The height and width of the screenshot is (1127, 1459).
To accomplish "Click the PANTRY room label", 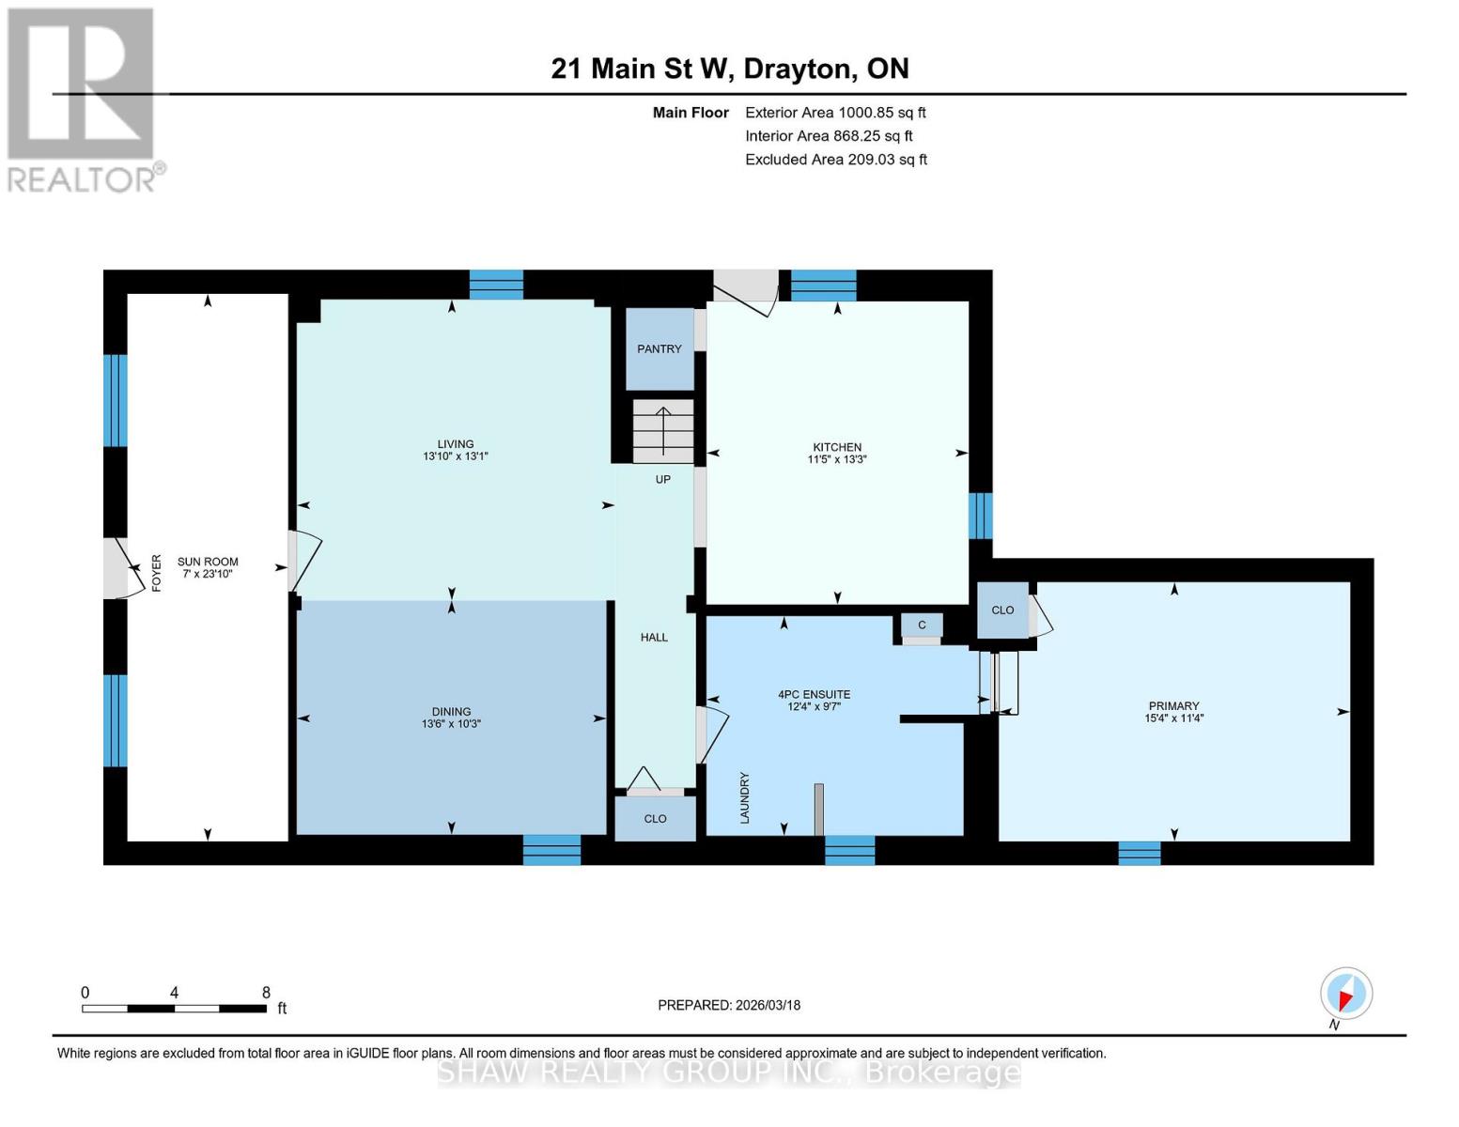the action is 659,349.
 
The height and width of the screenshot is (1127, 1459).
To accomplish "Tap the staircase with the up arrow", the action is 663,431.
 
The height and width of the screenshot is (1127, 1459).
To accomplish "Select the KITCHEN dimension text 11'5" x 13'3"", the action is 837,460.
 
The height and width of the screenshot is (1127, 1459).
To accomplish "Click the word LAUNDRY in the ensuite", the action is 744,798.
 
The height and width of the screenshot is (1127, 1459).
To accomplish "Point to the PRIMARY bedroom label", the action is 1173,705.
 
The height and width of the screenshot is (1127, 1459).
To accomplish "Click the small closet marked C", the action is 922,625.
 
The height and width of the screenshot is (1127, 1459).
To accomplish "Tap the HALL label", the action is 654,638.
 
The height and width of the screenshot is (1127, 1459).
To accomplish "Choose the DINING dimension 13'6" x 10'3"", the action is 451,724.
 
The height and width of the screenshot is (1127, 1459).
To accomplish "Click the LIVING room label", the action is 456,444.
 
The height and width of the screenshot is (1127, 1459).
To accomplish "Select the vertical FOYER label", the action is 157,573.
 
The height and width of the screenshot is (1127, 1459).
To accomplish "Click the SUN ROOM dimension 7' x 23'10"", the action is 208,574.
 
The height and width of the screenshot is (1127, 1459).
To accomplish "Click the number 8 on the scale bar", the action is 266,992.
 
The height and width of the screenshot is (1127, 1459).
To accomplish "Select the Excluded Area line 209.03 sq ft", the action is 836,160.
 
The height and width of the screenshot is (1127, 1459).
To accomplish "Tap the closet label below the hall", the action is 655,819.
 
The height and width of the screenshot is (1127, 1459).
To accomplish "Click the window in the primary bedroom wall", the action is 1140,853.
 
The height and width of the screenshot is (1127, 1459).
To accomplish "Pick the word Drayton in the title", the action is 799,69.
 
